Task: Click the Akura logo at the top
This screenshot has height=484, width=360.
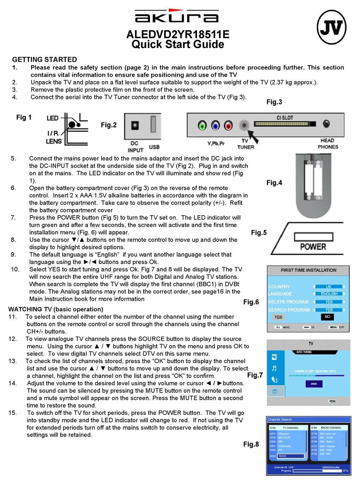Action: (x=177, y=17)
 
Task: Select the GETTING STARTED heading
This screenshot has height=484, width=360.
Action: (x=44, y=59)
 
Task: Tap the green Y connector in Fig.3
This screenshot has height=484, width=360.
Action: (x=202, y=125)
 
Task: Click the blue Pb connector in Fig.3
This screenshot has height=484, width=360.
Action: (x=215, y=125)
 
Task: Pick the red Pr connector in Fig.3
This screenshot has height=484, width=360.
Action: (x=228, y=125)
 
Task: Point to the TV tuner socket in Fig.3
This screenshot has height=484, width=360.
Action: (x=245, y=125)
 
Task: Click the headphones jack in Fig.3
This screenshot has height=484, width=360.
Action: (x=326, y=124)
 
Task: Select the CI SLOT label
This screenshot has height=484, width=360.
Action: (x=285, y=118)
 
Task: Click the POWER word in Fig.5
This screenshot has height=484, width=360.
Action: (x=313, y=247)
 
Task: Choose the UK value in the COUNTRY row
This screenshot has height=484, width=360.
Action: (x=329, y=287)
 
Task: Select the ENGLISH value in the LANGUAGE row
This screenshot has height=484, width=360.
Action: (x=329, y=294)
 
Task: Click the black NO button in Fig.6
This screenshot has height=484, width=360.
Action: (x=327, y=317)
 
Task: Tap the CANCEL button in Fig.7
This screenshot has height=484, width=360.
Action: (x=314, y=384)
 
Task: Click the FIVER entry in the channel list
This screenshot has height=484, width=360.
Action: (x=290, y=456)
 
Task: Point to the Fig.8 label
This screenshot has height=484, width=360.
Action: (x=251, y=444)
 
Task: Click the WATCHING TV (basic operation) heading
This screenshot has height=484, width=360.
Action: (x=56, y=309)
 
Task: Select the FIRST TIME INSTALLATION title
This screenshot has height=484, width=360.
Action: (x=308, y=270)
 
